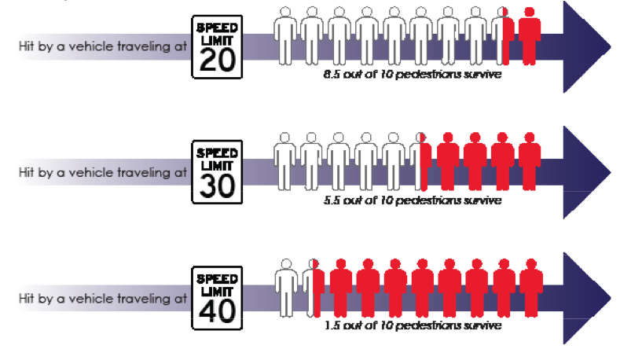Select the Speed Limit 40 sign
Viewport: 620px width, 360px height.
(217, 298)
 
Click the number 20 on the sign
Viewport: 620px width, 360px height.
(217, 60)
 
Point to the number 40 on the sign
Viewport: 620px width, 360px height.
(217, 310)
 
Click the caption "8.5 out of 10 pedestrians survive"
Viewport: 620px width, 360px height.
(412, 75)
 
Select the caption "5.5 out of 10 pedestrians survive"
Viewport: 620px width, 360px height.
(412, 201)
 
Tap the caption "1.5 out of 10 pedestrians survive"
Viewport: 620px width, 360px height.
(412, 325)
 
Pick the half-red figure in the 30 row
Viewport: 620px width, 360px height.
(421, 160)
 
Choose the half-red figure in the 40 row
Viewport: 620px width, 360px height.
(314, 286)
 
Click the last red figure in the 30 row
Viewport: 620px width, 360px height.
(530, 160)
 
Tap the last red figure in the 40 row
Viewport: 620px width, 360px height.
(530, 286)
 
